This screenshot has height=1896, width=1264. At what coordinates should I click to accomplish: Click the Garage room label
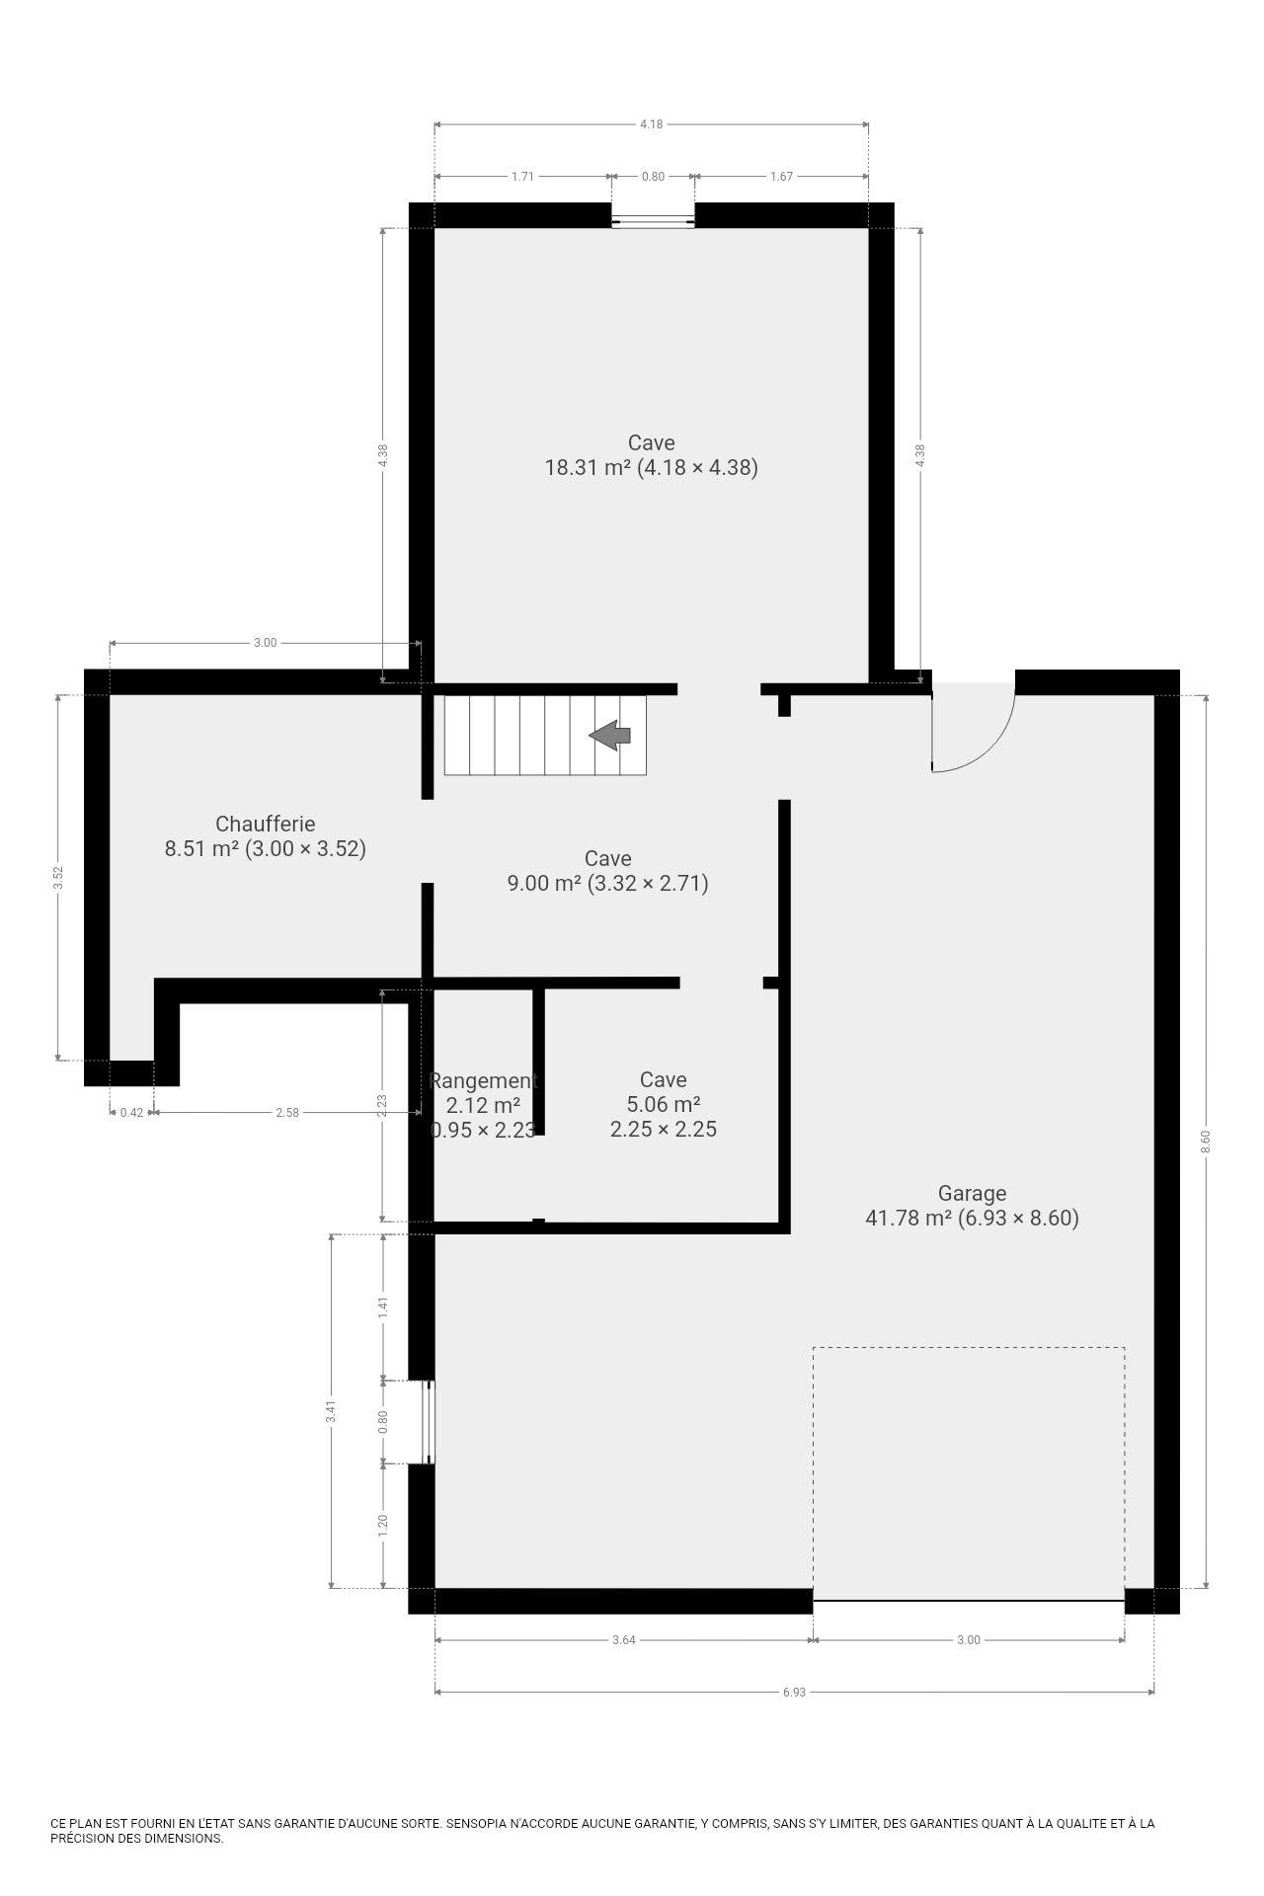972,1193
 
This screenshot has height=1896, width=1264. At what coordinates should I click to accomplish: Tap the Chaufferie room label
265,824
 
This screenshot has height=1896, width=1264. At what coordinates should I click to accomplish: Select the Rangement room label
484,1080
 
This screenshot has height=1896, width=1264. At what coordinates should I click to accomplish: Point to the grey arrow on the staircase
610,735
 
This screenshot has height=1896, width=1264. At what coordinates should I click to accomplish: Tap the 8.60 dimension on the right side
1206,1142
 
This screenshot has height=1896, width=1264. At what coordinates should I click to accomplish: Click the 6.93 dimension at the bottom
794,1692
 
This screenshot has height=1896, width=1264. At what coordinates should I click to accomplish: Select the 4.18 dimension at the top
651,124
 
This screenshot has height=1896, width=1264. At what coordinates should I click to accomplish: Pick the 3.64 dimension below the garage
623,1640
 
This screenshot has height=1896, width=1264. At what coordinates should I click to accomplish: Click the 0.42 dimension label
131,1113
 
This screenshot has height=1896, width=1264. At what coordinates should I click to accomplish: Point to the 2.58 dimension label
286,1113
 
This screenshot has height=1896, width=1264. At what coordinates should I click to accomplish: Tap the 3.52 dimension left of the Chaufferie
58,878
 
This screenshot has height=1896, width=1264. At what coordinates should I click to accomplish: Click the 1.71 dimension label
522,177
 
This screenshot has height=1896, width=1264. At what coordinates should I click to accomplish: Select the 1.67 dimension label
781,177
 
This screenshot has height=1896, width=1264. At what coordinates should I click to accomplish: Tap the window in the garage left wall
428,1422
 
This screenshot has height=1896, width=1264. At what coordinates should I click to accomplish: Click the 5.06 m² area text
664,1105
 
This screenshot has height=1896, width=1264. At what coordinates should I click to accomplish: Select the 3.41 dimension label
332,1412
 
